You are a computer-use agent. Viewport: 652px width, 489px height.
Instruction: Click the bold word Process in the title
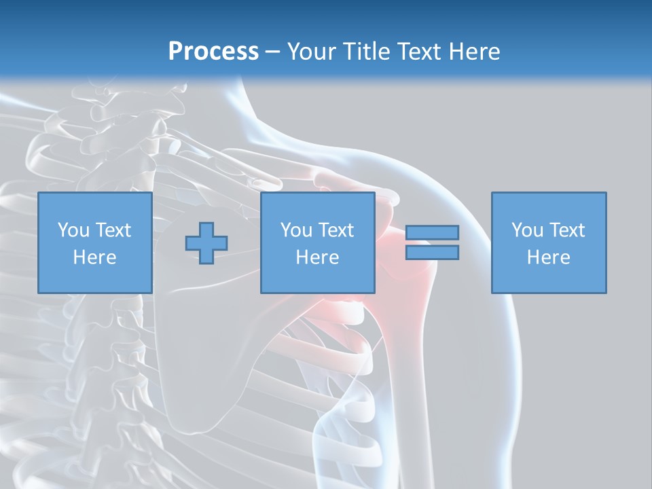(213, 52)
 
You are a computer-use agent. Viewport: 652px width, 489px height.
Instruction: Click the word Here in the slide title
(475, 52)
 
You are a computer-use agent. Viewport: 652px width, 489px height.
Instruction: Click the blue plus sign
(206, 243)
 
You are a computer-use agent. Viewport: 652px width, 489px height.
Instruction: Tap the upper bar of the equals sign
(432, 233)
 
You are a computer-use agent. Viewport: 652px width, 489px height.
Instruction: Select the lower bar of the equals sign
(432, 253)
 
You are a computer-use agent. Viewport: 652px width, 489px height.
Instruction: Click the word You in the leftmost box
(73, 230)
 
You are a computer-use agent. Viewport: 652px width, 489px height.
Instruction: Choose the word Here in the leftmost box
(94, 257)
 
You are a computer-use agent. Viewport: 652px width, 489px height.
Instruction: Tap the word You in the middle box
(296, 230)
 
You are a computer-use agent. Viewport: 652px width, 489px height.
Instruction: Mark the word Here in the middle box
(317, 257)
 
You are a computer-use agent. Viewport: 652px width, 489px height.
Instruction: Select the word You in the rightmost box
(527, 230)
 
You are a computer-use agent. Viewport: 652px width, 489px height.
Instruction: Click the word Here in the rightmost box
(548, 257)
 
